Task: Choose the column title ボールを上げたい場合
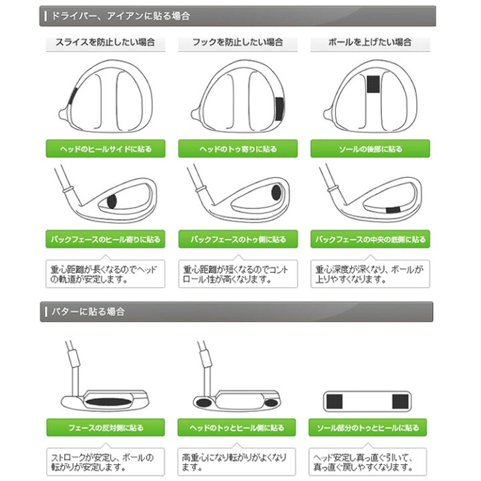(369, 42)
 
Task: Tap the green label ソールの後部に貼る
(369, 149)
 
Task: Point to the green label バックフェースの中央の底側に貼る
(369, 238)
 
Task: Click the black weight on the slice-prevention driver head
(71, 96)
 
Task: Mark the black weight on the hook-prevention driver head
(280, 107)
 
